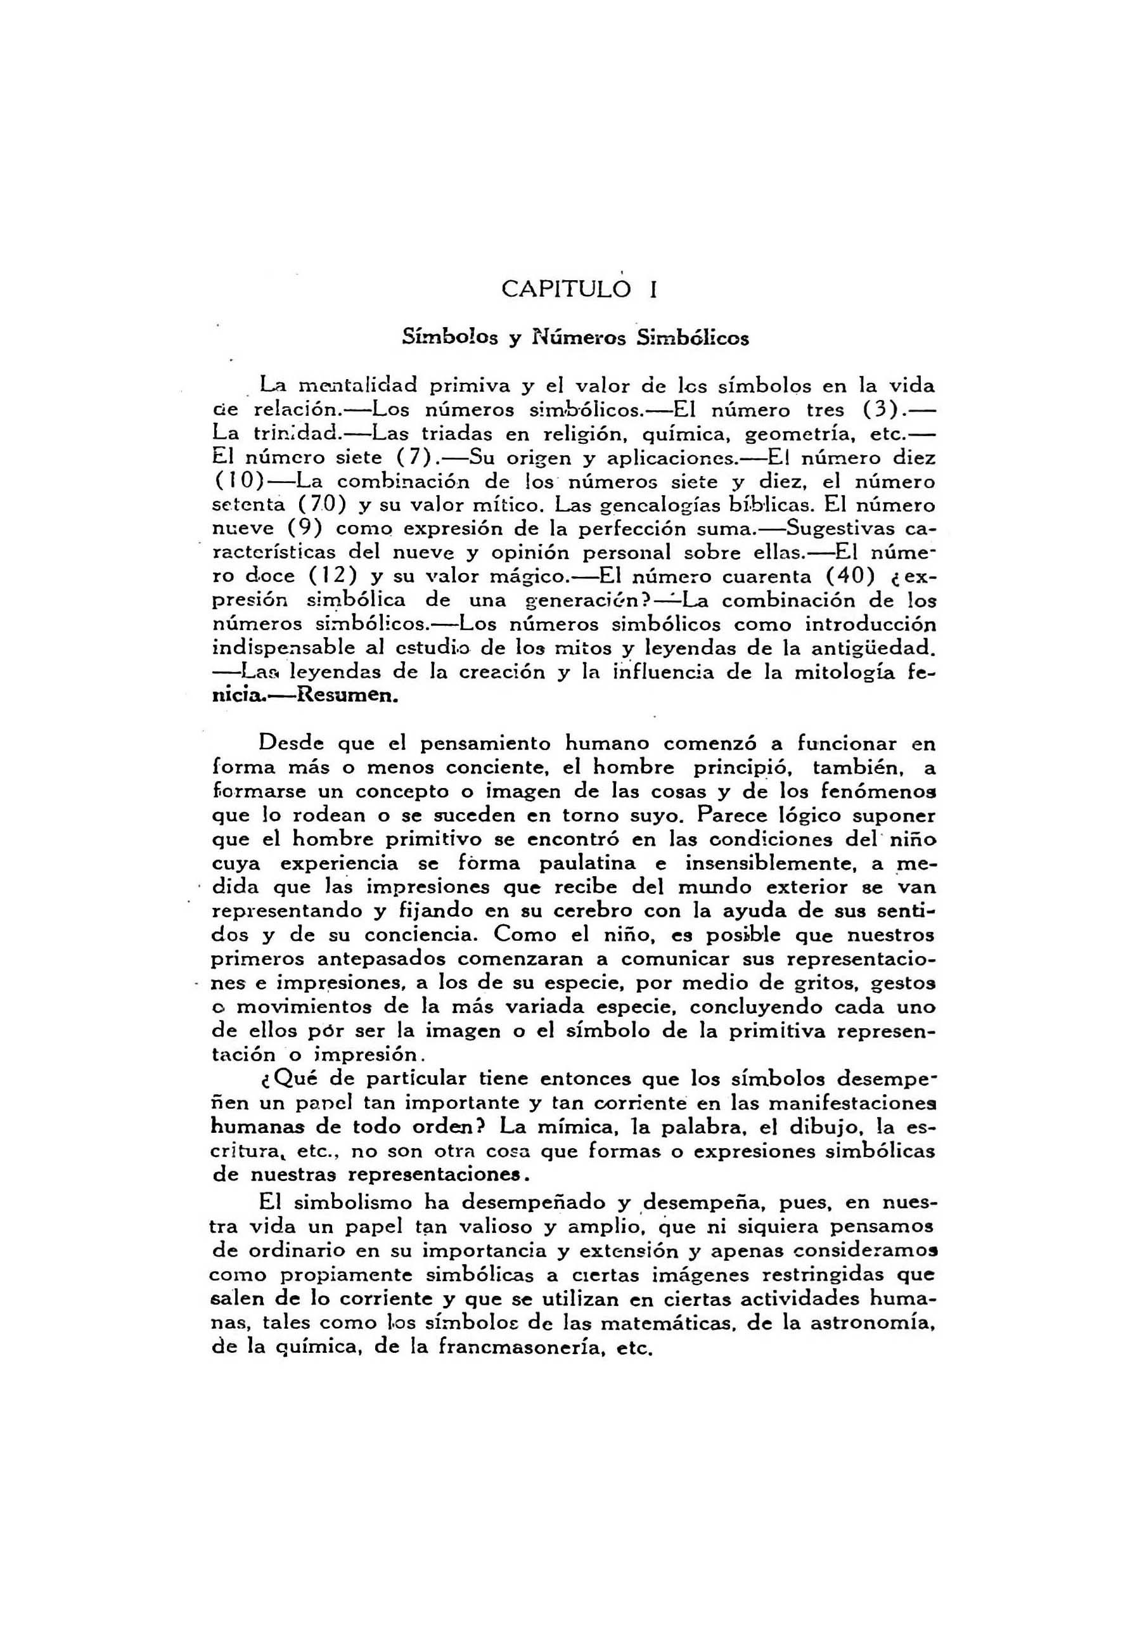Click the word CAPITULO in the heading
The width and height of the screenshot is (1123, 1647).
pos(565,289)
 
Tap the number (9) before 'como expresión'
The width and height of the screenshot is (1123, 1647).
pos(305,529)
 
